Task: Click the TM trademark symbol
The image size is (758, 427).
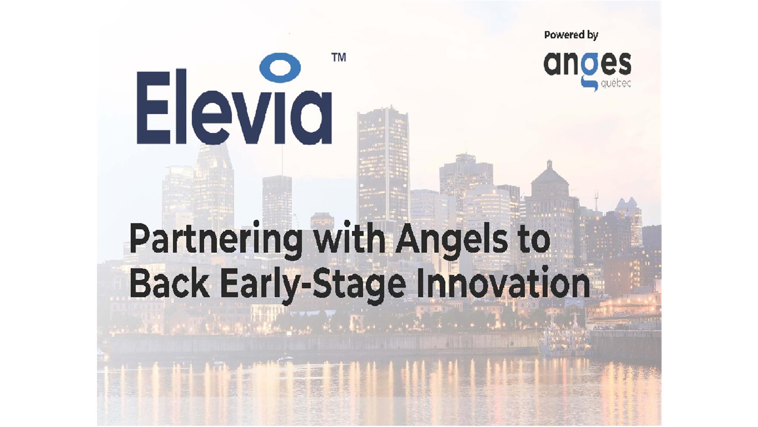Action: (339, 58)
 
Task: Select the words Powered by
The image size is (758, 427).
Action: (571, 35)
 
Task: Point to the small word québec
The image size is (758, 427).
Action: (615, 83)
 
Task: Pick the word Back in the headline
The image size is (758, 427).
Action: (169, 283)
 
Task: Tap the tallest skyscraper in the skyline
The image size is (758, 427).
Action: (383, 166)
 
